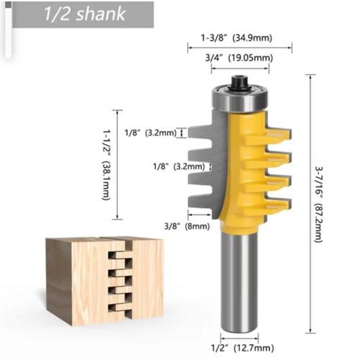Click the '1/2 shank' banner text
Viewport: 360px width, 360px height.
pos(84,14)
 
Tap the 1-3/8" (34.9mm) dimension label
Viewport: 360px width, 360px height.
pos(237,38)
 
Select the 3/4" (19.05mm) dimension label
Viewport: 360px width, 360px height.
pos(239,58)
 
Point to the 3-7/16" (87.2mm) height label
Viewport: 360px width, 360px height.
pos(319,204)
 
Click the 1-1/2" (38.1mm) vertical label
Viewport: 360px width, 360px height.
pos(106,165)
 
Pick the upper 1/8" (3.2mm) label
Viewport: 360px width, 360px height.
pos(150,132)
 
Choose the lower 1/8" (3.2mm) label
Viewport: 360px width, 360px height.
pos(179,166)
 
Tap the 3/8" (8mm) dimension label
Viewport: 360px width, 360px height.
pos(187,226)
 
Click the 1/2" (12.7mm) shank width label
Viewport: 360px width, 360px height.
pos(243,348)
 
